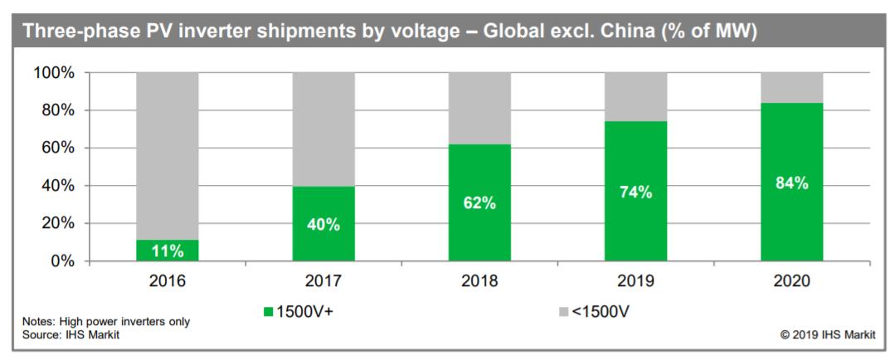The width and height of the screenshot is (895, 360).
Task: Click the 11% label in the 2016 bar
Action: click(167, 250)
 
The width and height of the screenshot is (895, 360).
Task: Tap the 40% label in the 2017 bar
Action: click(323, 224)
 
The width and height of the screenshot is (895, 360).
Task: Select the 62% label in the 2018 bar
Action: click(479, 203)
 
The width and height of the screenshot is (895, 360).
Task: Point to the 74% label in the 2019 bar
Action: click(635, 192)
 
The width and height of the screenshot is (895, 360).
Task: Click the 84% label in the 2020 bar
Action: click(791, 183)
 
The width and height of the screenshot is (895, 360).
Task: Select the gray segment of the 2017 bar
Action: click(323, 129)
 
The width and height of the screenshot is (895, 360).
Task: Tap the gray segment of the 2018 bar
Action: click(479, 108)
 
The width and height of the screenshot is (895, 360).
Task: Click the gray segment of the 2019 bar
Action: click(635, 96)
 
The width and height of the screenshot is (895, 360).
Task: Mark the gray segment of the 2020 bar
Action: click(791, 87)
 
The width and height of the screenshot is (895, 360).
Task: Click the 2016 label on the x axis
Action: click(167, 280)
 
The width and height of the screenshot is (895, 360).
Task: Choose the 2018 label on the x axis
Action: click(479, 280)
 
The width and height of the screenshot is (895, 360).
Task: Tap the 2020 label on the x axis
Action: click(791, 280)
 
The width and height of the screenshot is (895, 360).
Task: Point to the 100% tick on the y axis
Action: click(55, 73)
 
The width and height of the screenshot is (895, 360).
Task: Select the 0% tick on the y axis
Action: click(63, 261)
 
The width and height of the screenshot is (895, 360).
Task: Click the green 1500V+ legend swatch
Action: click(268, 313)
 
